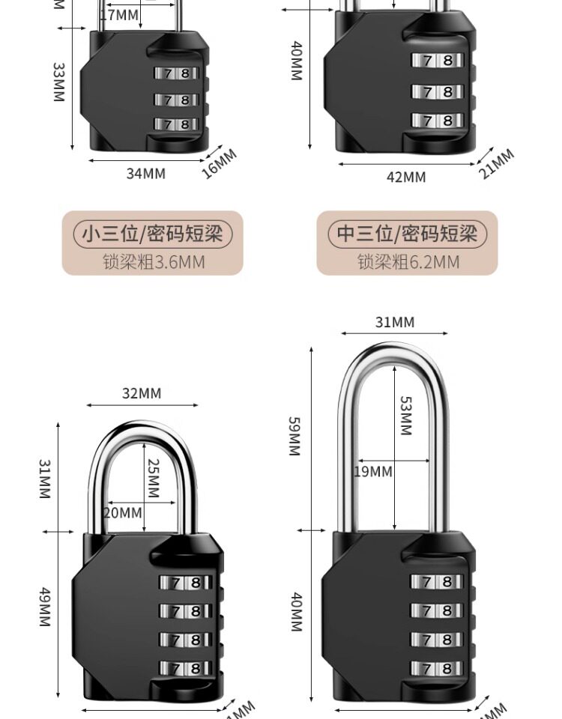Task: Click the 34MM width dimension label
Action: pos(145,173)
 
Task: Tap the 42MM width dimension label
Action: pos(405,177)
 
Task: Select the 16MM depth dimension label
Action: pos(219,164)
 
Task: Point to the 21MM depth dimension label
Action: pos(497,164)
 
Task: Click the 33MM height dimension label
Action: pos(58,82)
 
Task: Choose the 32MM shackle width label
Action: pos(142,393)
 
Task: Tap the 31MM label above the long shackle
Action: pos(395,322)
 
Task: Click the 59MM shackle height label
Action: pos(294,436)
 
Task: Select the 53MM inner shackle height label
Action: pos(405,416)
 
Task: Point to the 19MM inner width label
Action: pos(373,472)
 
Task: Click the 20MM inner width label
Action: pos(122,513)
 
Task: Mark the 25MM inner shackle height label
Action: pos(154,479)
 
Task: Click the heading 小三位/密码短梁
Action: pos(152,234)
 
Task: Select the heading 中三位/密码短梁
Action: pos(407,234)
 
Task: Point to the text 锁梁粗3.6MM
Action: pos(153,261)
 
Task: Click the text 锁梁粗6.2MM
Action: pos(408,261)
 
